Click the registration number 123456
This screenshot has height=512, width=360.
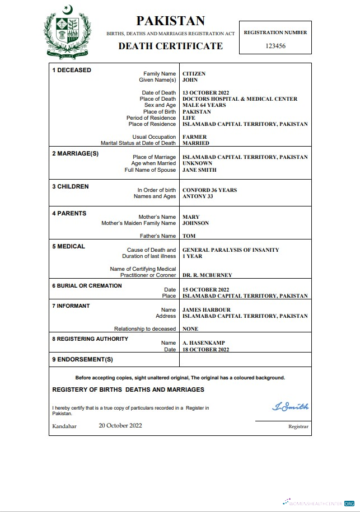click(x=275, y=46)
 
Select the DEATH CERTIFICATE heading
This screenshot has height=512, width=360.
click(x=170, y=46)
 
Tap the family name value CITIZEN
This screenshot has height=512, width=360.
click(x=194, y=74)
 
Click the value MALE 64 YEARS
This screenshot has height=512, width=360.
click(x=204, y=105)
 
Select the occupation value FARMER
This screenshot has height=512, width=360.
click(x=194, y=137)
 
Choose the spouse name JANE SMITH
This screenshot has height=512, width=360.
click(x=199, y=170)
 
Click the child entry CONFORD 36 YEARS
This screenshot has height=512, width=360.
click(x=209, y=190)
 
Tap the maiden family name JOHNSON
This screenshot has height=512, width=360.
click(x=195, y=223)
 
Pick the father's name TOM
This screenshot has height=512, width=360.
click(x=189, y=236)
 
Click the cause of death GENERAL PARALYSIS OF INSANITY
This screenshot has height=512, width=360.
click(x=231, y=250)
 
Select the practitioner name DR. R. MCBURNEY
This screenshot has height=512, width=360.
click(x=207, y=275)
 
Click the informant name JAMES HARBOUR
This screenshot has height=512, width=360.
click(x=207, y=310)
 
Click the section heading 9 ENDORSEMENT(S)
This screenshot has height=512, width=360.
click(x=82, y=359)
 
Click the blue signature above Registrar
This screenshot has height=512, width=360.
click(x=290, y=407)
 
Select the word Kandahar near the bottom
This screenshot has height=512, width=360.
click(x=64, y=426)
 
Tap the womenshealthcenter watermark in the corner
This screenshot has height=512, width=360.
click(x=319, y=502)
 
